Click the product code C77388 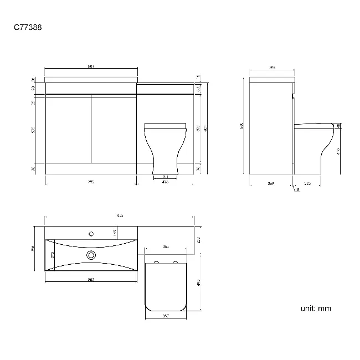(26, 26)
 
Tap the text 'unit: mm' (316, 308)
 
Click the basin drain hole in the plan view (91, 255)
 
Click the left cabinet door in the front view (68, 130)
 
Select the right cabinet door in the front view (114, 130)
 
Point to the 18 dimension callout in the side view (297, 190)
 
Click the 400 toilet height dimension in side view (338, 151)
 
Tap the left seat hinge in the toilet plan (157, 262)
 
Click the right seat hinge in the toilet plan (176, 262)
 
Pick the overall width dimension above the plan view (119, 215)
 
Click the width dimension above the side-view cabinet (272, 68)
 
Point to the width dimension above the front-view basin (91, 67)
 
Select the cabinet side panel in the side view (270, 130)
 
